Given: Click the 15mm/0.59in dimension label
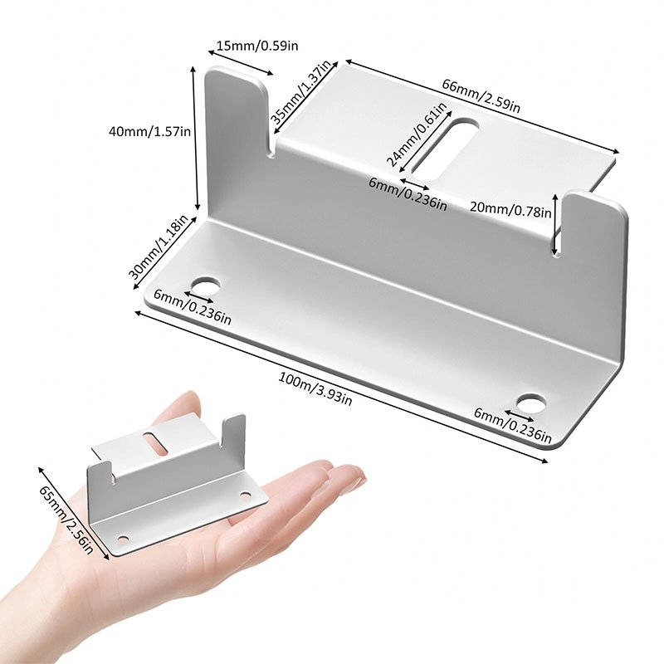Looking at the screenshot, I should pyautogui.click(x=256, y=45).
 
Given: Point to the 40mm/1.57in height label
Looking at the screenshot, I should pyautogui.click(x=150, y=130).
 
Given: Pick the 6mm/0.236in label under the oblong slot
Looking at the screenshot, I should pyautogui.click(x=408, y=193).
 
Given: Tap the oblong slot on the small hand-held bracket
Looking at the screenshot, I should pyautogui.click(x=154, y=443).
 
